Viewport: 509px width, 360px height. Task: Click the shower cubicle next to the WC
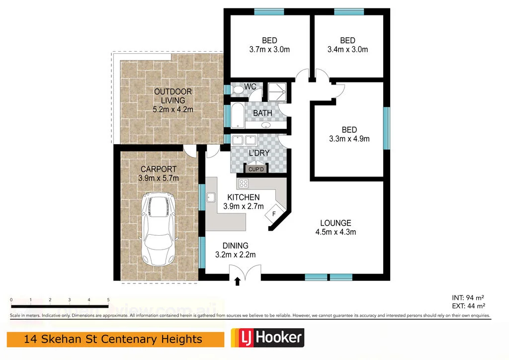[275, 91]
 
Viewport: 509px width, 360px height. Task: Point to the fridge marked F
[273, 215]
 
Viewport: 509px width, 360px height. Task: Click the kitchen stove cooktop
[244, 183]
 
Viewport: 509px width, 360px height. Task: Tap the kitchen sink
[211, 198]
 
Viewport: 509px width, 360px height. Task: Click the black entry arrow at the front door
[237, 281]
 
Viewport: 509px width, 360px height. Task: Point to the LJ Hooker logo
[267, 339]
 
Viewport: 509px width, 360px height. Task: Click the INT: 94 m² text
[465, 297]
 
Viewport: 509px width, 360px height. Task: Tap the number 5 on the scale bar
[108, 300]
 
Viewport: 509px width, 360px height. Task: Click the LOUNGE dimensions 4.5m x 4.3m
[336, 232]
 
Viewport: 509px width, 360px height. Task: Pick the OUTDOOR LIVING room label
[172, 96]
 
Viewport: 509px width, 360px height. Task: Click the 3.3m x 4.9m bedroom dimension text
[349, 139]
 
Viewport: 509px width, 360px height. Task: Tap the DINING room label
[235, 246]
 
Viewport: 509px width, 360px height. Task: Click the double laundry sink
[244, 140]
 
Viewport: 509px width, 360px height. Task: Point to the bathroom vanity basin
[265, 125]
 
